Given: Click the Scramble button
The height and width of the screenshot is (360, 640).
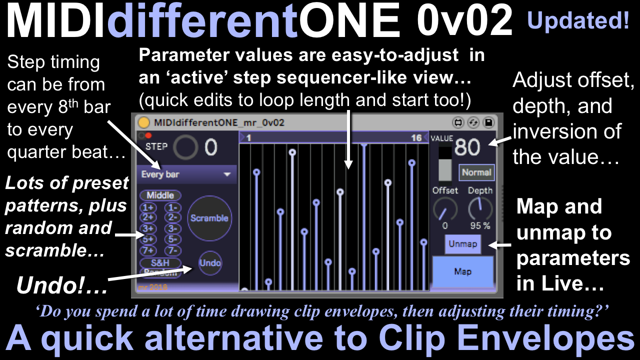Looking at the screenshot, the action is pos(209,218).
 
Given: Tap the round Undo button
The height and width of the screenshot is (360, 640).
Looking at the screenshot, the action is pos(210,263).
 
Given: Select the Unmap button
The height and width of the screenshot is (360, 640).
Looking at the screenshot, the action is pos(463,244).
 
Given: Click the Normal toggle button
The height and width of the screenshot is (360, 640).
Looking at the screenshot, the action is pos(476,172).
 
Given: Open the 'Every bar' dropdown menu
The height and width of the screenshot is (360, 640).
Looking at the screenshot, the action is pos(187,174).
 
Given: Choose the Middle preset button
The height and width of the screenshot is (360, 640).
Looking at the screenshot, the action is pos(160,195).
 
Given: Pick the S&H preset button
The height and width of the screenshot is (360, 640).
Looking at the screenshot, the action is pos(160,262).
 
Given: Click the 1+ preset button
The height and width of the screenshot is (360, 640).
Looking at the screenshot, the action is pos(148,207).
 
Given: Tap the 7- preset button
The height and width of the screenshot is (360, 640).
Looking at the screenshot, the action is pos(173,251).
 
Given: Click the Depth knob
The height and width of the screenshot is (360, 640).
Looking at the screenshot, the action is pos(480,209).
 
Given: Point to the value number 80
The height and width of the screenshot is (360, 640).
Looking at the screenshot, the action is pos(467,147).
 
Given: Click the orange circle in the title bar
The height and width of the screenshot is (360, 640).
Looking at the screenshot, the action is pos(143,122).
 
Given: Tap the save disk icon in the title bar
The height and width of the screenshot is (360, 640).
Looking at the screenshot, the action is pos(488,122).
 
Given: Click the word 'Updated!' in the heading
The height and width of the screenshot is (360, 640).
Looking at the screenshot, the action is pos(578,20).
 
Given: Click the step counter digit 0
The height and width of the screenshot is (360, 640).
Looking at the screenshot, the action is pos(211,147).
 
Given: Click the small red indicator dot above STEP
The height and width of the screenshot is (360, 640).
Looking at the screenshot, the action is pos(148,135).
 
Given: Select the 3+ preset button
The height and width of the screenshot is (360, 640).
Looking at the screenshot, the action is pos(148,228).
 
